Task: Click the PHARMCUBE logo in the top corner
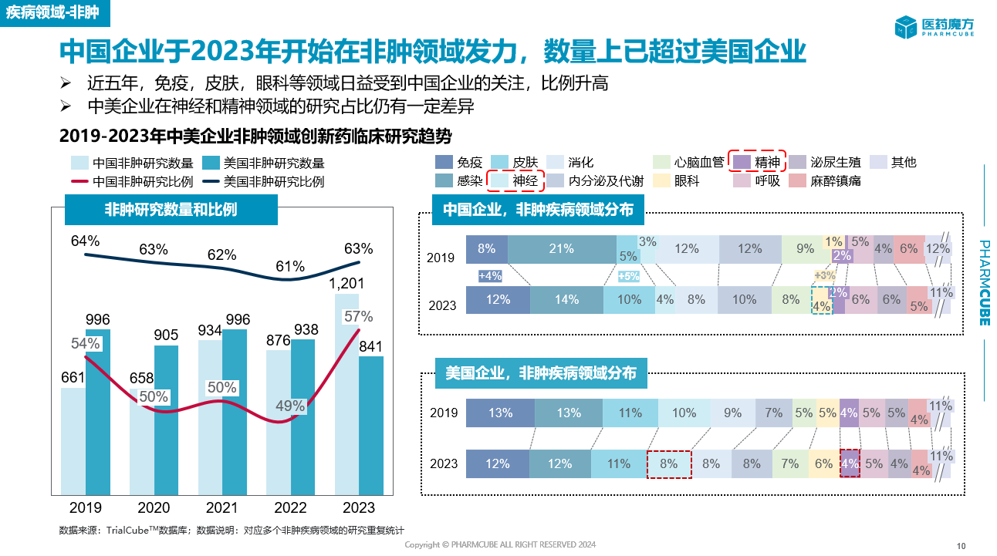(937, 27)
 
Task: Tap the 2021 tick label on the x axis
(221, 507)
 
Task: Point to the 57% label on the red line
(358, 316)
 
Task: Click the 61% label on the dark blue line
(290, 267)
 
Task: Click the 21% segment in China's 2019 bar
(561, 249)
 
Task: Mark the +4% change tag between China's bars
(490, 275)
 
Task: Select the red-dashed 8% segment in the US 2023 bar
(668, 463)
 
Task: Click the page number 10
(961, 546)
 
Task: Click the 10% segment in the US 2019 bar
(684, 413)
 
